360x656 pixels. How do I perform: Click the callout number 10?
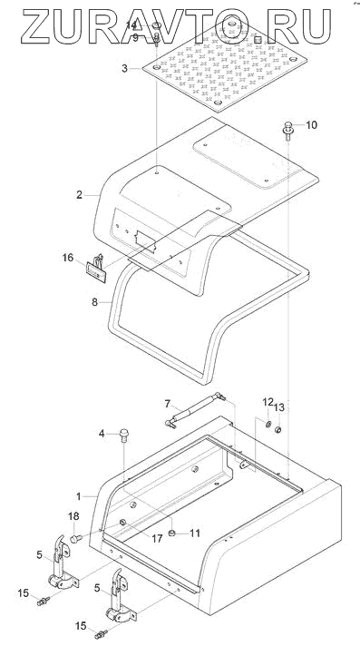311,125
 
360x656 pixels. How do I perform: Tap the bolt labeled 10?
288,129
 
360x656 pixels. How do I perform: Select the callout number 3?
124,68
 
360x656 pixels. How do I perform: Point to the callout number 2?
79,195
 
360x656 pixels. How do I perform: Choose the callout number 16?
68,258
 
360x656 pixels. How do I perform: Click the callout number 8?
95,301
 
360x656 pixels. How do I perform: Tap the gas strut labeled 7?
195,409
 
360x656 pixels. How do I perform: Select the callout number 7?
167,404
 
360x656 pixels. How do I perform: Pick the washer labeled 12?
268,426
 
